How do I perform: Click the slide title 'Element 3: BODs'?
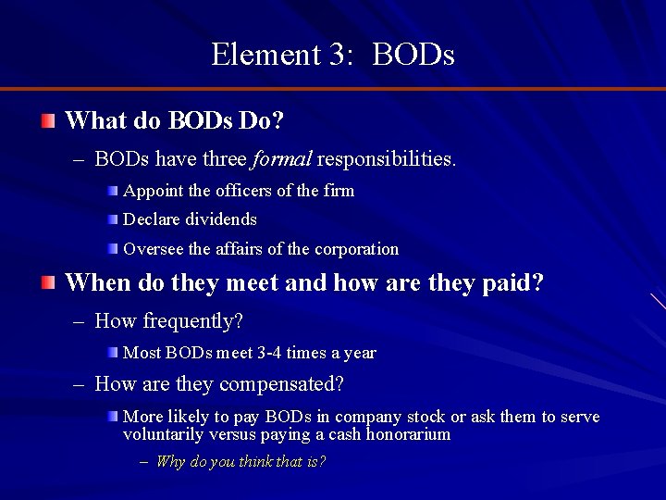point(333,54)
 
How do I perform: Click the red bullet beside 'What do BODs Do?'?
point(48,120)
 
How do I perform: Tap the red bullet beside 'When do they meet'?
point(48,282)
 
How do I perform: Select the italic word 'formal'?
point(281,159)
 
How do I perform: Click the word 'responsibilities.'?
point(387,159)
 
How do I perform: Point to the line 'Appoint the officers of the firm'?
point(239,191)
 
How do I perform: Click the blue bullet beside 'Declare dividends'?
point(112,219)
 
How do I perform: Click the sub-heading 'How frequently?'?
point(168,321)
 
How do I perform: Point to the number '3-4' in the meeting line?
point(267,353)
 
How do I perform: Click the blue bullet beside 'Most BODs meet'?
point(112,353)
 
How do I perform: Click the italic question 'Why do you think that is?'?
point(240,461)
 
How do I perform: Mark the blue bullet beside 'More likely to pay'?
point(112,417)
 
